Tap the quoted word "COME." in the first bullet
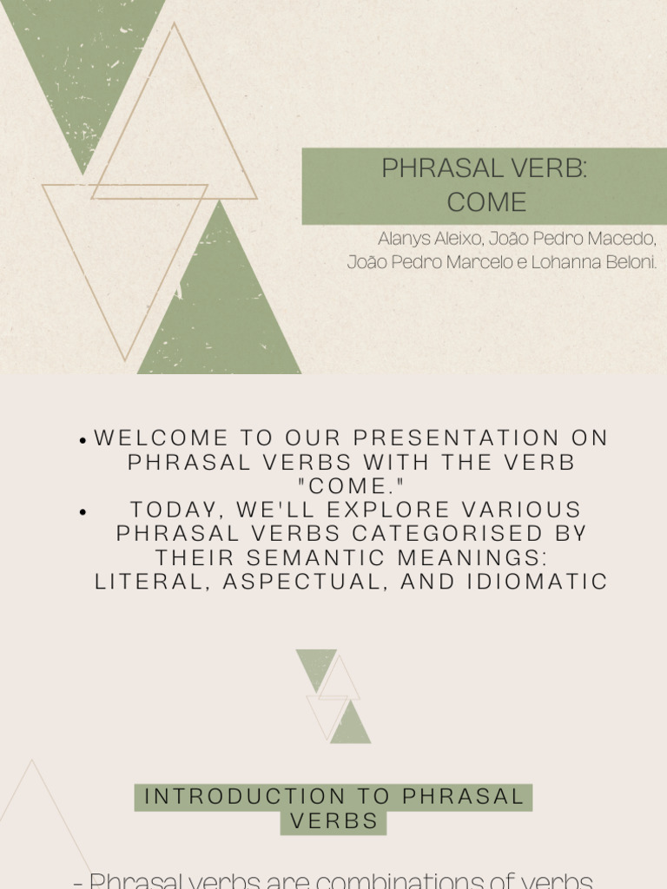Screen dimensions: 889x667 tap(352, 486)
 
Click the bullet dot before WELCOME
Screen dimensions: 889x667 tap(83, 441)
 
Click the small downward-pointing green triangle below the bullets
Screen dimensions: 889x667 tap(314, 667)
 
